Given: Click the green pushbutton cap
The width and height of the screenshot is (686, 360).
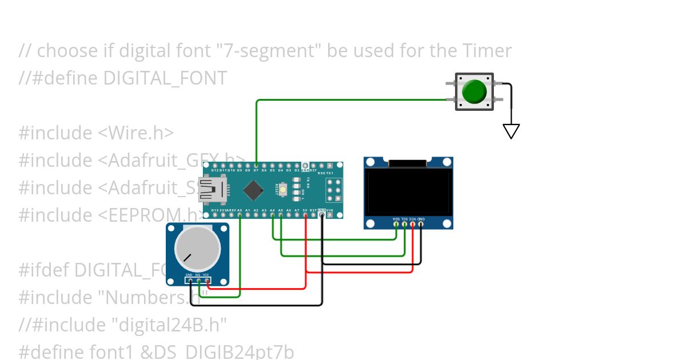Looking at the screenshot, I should point(474,91).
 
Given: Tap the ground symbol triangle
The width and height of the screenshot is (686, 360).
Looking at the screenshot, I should point(511,131).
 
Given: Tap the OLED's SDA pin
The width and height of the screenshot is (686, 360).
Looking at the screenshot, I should point(396,223).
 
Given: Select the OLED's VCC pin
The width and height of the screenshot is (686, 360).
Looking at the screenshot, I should point(413,223).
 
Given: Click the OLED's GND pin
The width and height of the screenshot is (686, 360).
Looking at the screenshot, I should point(421,223).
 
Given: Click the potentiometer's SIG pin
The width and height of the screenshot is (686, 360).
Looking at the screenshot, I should point(198,280).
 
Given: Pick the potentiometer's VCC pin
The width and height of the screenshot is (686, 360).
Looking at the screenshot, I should point(206,280).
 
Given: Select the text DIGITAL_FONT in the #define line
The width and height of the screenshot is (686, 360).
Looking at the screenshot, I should point(165,78).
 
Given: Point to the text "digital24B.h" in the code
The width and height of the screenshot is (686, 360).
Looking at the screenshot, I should point(169,325).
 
